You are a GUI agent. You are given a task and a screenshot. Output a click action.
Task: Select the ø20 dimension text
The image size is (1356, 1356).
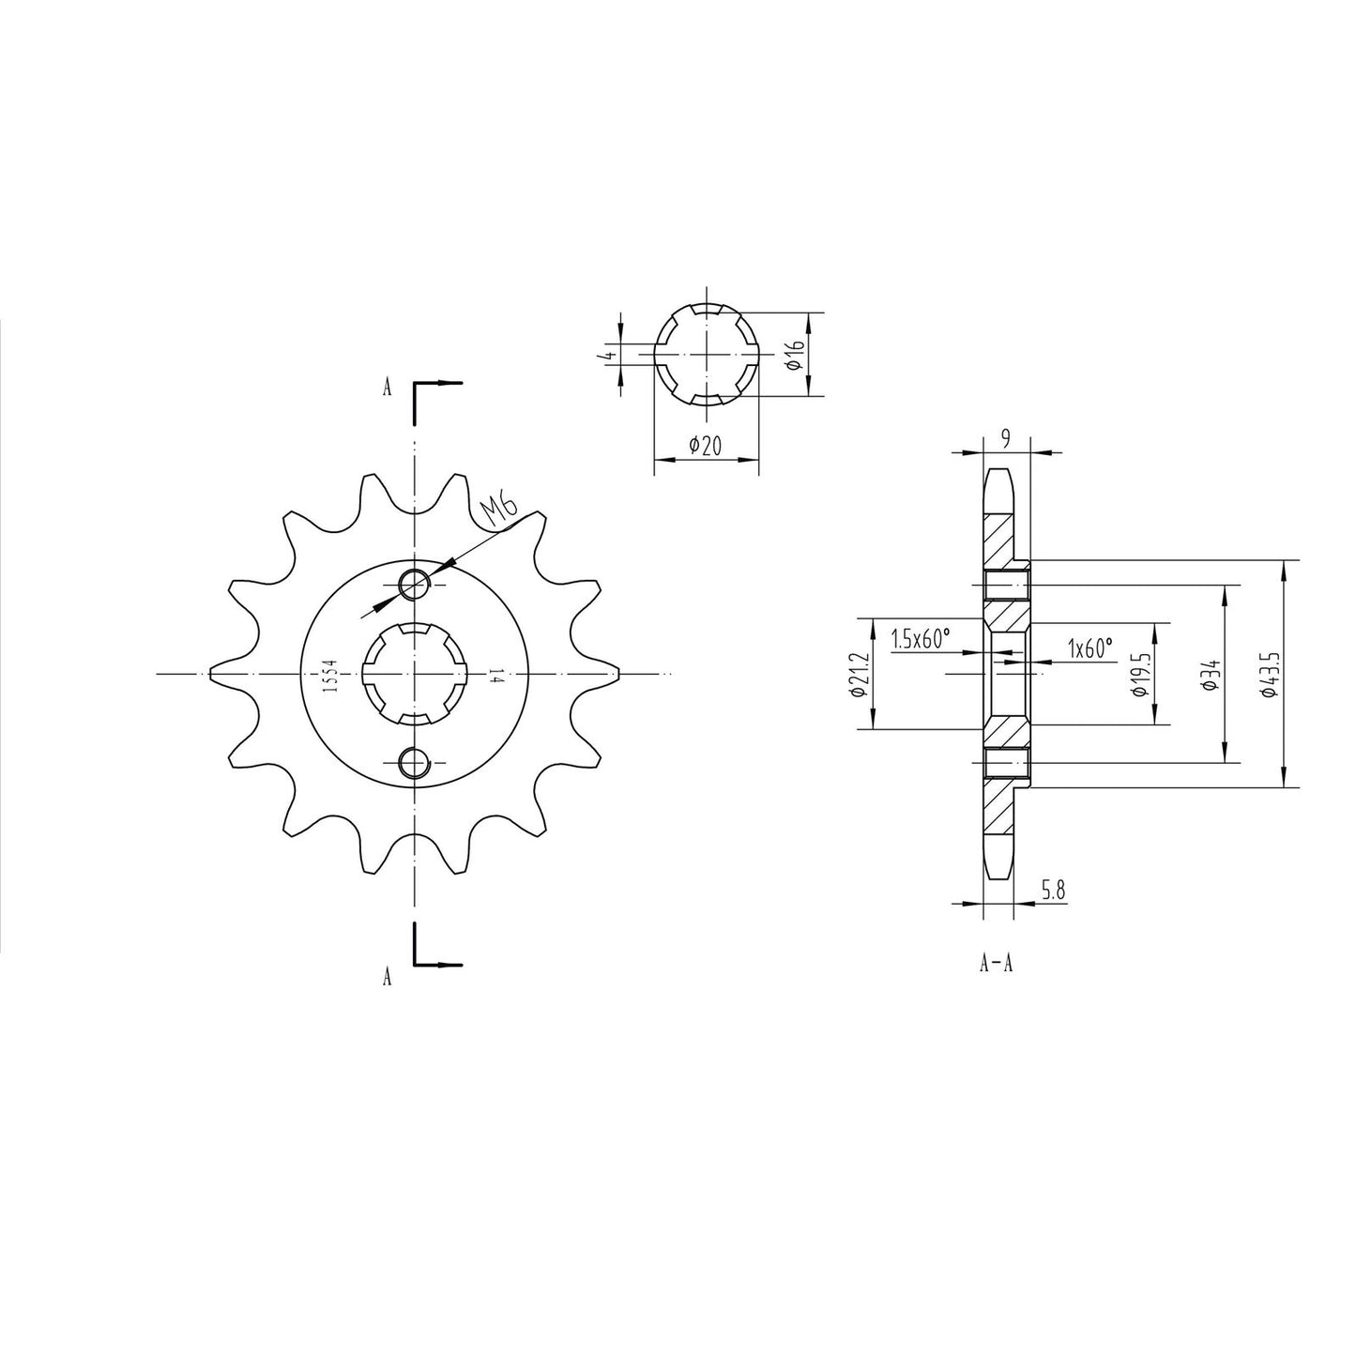(705, 446)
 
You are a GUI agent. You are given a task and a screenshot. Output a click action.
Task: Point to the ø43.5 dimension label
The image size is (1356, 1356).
(1270, 673)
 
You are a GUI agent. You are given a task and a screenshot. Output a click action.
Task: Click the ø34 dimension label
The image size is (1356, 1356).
(1212, 673)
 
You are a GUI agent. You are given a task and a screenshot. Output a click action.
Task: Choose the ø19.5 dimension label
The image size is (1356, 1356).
(1140, 674)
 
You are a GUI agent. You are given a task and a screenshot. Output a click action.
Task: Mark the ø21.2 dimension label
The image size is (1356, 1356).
(856, 674)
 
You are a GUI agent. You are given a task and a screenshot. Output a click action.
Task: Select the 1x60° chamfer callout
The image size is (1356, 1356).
(1089, 647)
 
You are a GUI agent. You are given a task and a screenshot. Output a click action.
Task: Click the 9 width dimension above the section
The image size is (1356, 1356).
(1006, 438)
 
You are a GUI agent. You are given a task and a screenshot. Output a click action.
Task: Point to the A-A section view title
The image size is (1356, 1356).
(996, 963)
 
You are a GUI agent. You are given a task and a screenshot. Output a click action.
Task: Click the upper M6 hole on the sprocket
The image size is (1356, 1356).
(413, 584)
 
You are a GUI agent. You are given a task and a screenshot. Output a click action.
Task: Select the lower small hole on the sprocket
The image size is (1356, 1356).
(413, 763)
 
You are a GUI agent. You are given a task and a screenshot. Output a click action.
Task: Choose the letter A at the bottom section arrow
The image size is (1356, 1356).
(387, 978)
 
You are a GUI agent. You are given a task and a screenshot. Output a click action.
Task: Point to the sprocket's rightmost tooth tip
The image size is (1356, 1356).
(621, 673)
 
